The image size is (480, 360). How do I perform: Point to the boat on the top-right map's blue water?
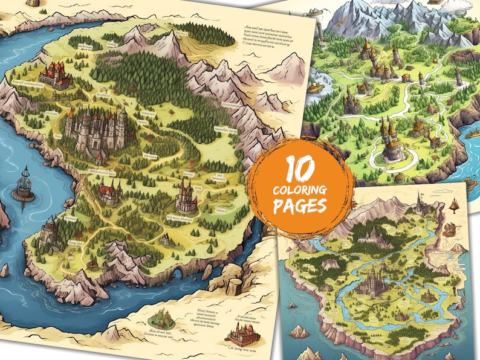coord(314,88)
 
